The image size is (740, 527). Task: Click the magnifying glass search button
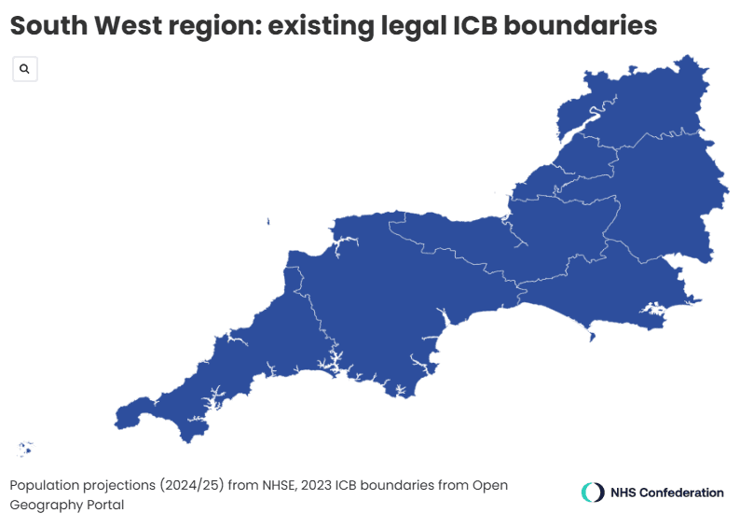24,69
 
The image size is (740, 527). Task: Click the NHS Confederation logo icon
593,492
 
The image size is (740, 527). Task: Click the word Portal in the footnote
102,505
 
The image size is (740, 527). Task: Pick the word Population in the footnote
45,486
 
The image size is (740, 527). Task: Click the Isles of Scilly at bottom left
24,450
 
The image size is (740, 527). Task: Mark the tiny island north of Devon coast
267,221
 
